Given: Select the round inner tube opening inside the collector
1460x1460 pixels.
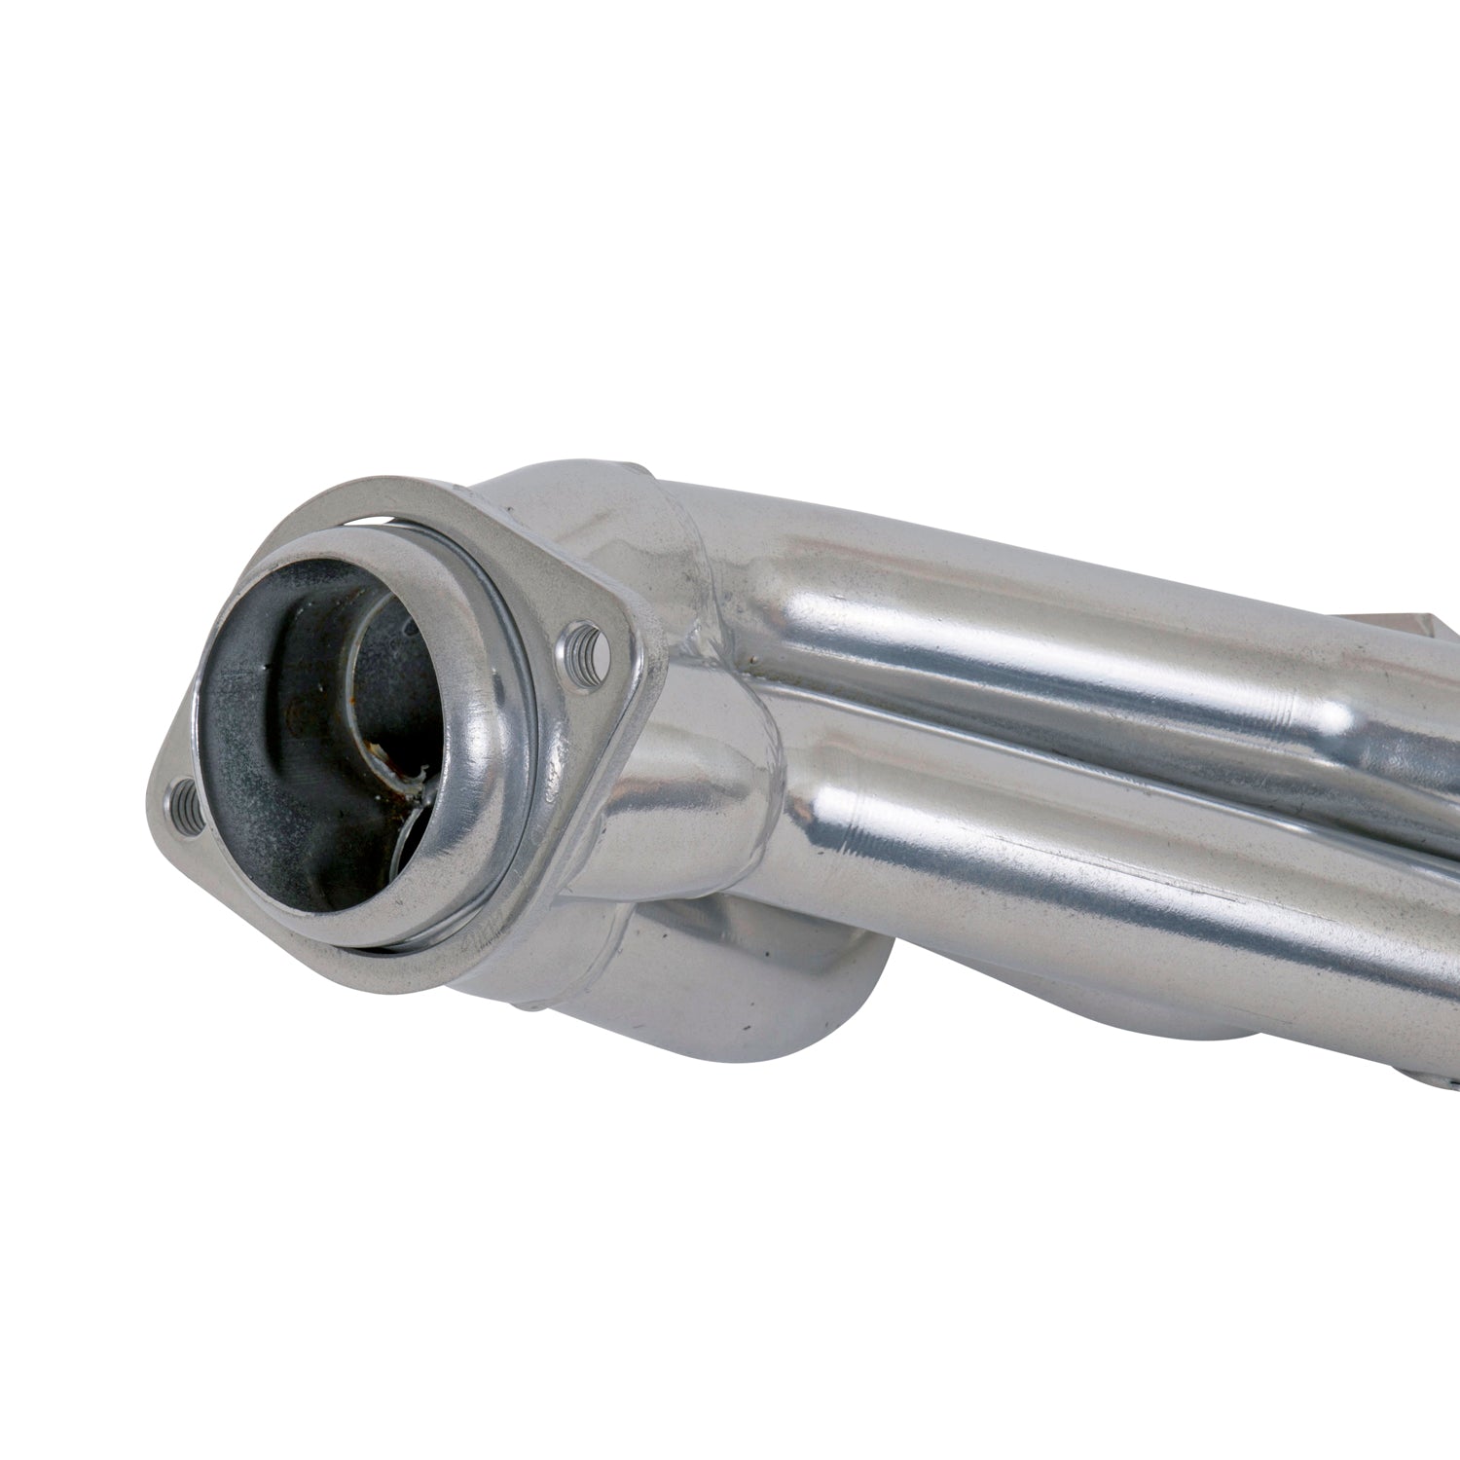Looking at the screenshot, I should coord(389,681).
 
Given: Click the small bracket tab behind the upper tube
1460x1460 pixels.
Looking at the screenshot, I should coord(1382,623).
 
